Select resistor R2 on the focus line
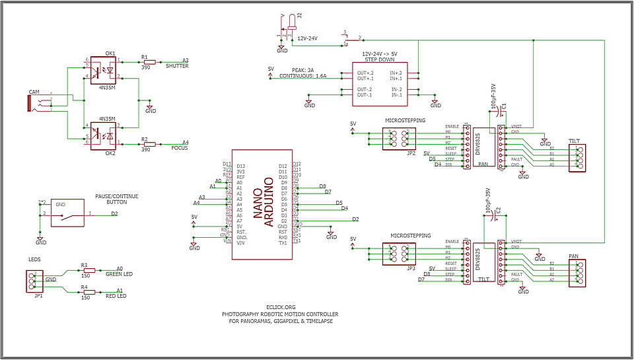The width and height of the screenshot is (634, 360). pos(149,143)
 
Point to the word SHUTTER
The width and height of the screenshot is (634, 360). pos(177,66)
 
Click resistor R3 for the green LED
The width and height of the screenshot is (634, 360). pos(88,270)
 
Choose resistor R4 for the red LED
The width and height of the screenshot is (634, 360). pos(88,291)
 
